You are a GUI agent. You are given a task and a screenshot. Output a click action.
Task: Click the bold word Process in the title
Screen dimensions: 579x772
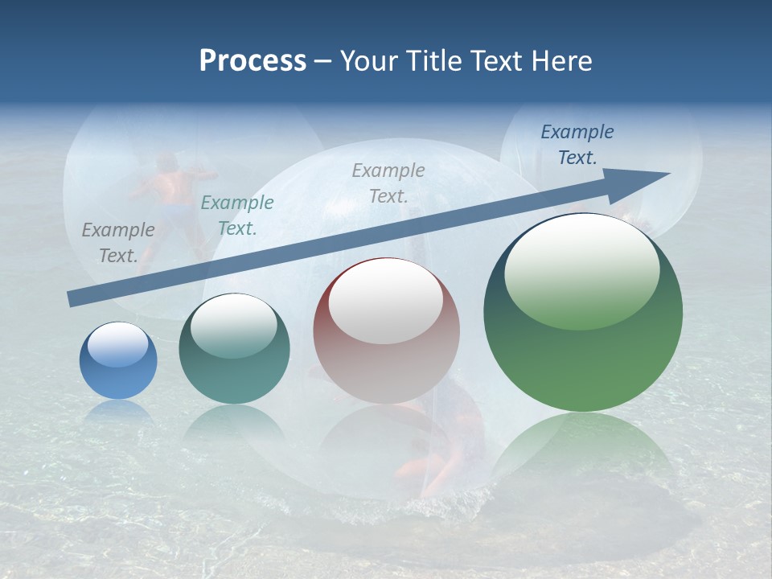click(253, 61)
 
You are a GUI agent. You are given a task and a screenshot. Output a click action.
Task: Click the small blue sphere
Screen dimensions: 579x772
click(118, 361)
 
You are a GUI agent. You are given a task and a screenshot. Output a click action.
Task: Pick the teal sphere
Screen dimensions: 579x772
click(234, 349)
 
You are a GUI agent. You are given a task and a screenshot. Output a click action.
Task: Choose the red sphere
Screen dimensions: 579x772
click(386, 331)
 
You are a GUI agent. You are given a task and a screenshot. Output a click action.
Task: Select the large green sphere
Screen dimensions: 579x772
click(583, 313)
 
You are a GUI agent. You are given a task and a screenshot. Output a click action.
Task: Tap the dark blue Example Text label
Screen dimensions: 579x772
click(577, 145)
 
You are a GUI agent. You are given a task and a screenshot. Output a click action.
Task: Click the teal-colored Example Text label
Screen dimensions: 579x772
click(237, 216)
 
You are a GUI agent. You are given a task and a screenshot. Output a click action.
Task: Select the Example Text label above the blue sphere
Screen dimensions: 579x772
click(118, 243)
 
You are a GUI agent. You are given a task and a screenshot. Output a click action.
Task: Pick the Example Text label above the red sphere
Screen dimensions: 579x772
click(388, 183)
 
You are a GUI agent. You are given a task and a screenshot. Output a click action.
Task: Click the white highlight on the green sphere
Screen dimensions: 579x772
click(582, 271)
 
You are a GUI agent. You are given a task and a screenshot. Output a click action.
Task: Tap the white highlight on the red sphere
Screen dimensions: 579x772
click(386, 301)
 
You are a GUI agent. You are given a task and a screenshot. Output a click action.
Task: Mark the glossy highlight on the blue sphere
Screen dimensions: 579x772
click(118, 345)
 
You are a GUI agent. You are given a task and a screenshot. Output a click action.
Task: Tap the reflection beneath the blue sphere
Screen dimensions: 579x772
click(118, 412)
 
